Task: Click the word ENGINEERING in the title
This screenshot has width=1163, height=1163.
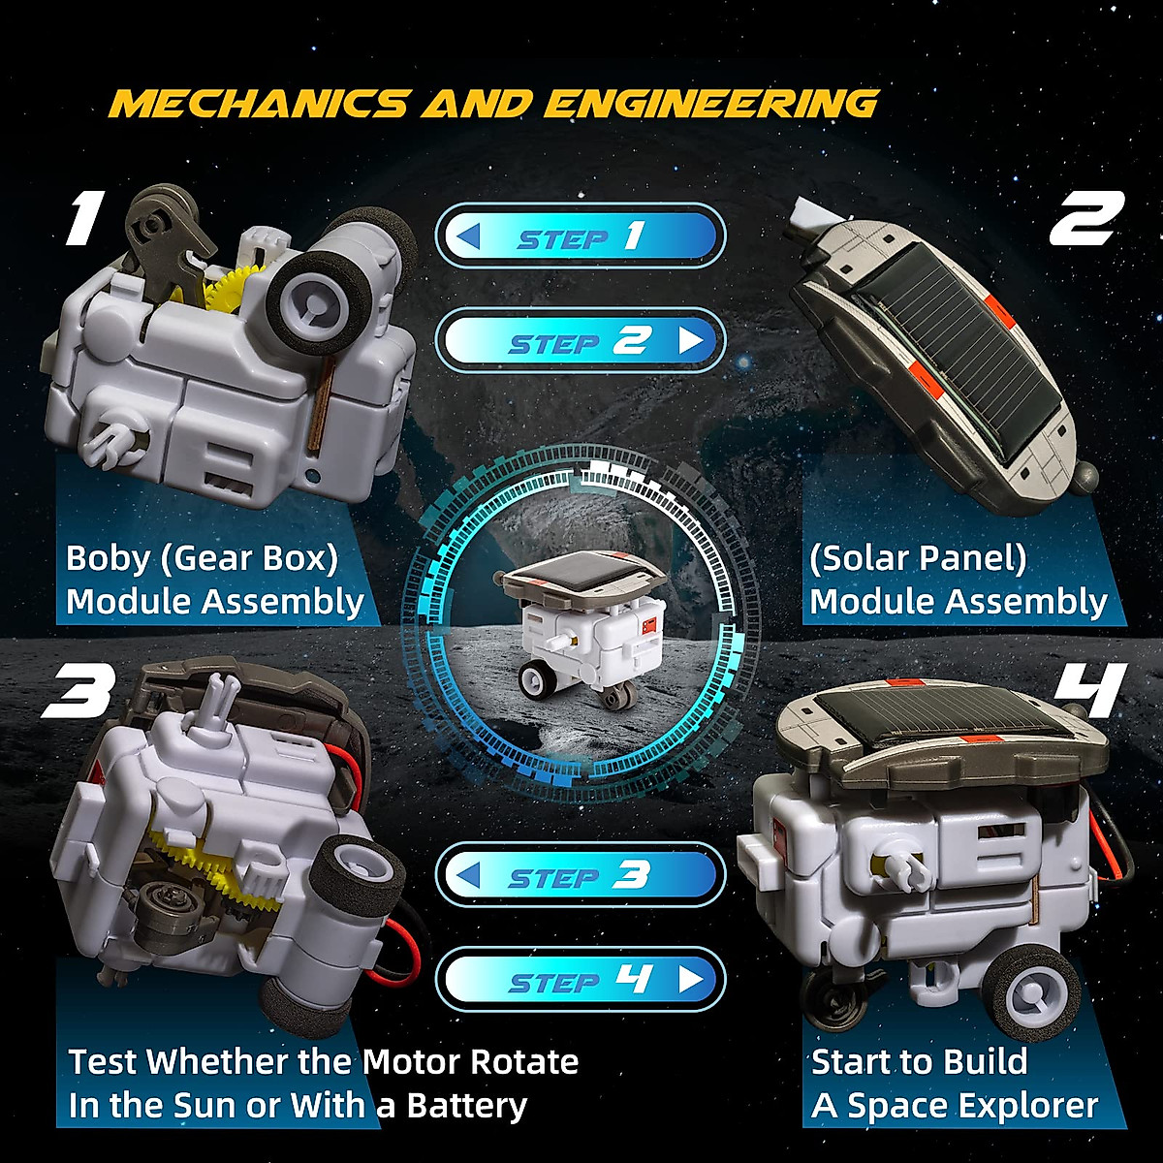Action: pyautogui.click(x=711, y=104)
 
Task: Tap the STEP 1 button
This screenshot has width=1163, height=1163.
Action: pyautogui.click(x=580, y=236)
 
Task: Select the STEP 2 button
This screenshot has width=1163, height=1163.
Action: pyautogui.click(x=580, y=341)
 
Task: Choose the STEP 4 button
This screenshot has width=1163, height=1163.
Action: pyautogui.click(x=580, y=981)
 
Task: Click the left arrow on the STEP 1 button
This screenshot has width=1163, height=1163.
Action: pyautogui.click(x=469, y=236)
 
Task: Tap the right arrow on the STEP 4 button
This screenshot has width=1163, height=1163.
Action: pyautogui.click(x=690, y=981)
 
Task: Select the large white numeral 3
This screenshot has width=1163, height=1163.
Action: pyautogui.click(x=78, y=690)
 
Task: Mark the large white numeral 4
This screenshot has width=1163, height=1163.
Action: pyautogui.click(x=1091, y=690)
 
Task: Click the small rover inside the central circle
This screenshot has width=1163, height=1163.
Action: pyautogui.click(x=580, y=630)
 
